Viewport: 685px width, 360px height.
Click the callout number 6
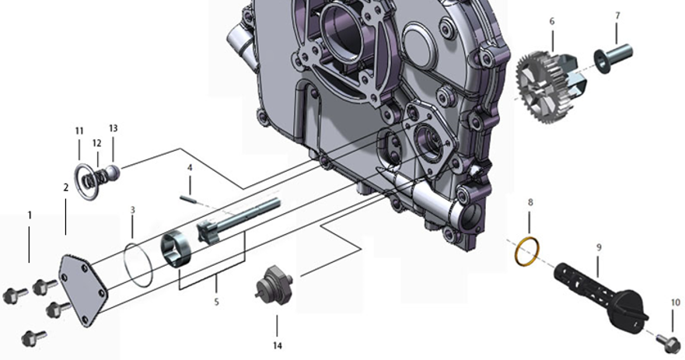[x=552, y=22]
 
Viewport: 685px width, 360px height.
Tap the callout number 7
[x=617, y=16]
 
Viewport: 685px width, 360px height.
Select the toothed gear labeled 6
[x=545, y=87]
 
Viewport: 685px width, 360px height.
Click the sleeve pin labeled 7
[x=613, y=58]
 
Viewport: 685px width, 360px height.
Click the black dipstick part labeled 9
[x=601, y=296]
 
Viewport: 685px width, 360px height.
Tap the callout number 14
[x=278, y=345]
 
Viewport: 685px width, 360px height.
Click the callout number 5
[x=216, y=302]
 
